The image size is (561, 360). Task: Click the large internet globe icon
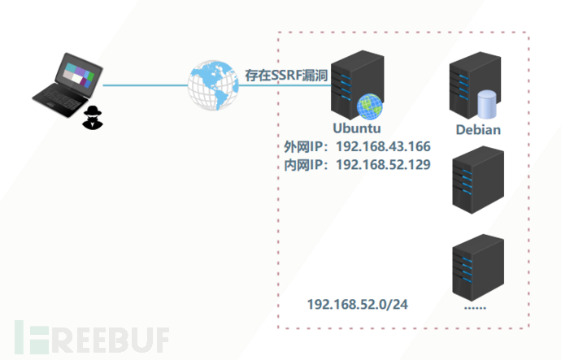click(213, 84)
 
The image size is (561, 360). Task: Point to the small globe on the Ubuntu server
click(369, 106)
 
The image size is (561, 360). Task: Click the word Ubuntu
click(357, 128)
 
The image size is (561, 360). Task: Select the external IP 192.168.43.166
click(383, 147)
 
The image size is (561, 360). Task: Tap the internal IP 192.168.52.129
click(383, 165)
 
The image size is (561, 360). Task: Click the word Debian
click(478, 130)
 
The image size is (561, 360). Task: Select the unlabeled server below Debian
click(478, 178)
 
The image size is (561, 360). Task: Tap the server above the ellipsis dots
click(477, 267)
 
